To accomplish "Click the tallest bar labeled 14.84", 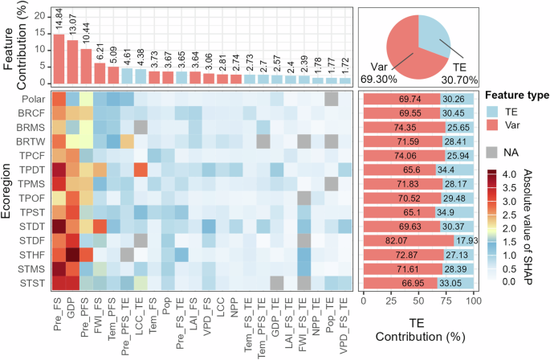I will click(59, 59).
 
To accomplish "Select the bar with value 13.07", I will click(72, 62).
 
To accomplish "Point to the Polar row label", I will click(31, 99).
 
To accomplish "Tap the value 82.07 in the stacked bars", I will click(407, 239).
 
